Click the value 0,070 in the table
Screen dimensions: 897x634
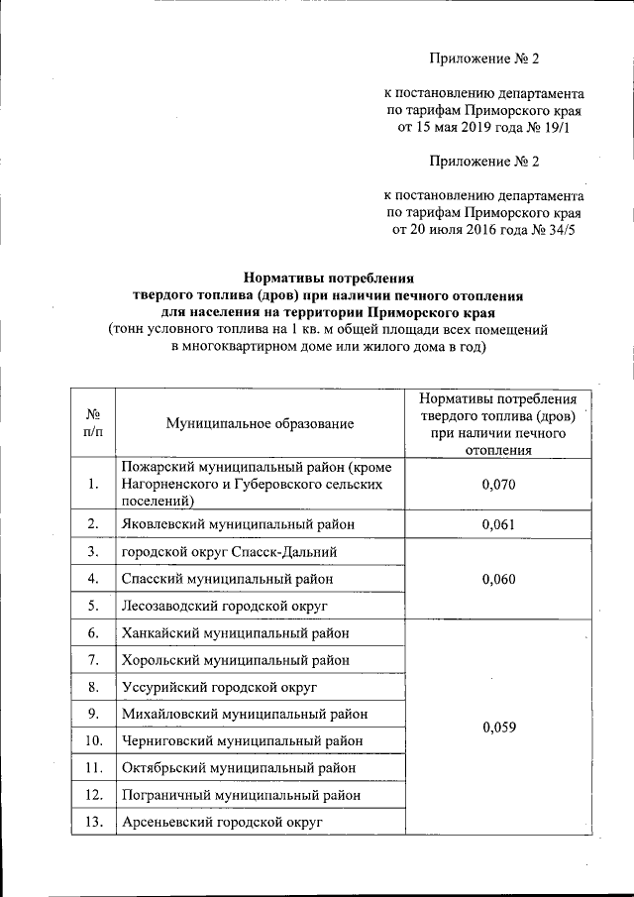[500, 485]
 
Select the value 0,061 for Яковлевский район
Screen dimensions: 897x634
[500, 524]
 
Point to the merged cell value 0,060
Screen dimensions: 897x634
[500, 579]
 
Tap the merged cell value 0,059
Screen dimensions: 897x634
[500, 727]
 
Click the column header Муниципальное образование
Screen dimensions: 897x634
[260, 423]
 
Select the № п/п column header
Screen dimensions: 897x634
[92, 423]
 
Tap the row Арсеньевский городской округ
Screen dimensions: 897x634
[223, 822]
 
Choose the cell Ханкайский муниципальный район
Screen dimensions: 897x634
[235, 633]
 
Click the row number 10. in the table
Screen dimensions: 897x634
[92, 740]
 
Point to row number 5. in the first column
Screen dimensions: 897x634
[92, 606]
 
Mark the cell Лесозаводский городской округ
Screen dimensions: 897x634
[224, 606]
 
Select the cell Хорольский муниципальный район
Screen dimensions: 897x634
[236, 660]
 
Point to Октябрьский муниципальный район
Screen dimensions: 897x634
[238, 768]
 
